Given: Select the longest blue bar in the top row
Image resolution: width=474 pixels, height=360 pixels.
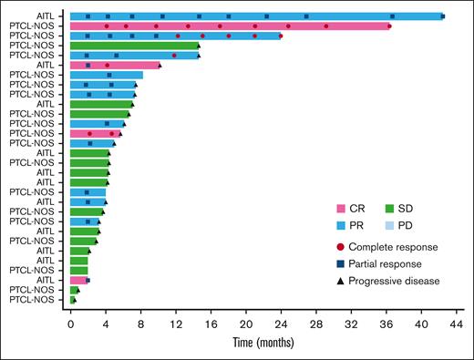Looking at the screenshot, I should tap(256, 16).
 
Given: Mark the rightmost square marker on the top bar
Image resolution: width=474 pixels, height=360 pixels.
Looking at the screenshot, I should tap(443, 16).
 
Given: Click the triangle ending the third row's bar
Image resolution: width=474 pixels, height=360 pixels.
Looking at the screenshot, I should tap(281, 36).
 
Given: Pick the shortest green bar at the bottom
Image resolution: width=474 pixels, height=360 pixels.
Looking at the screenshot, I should tap(73, 299).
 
